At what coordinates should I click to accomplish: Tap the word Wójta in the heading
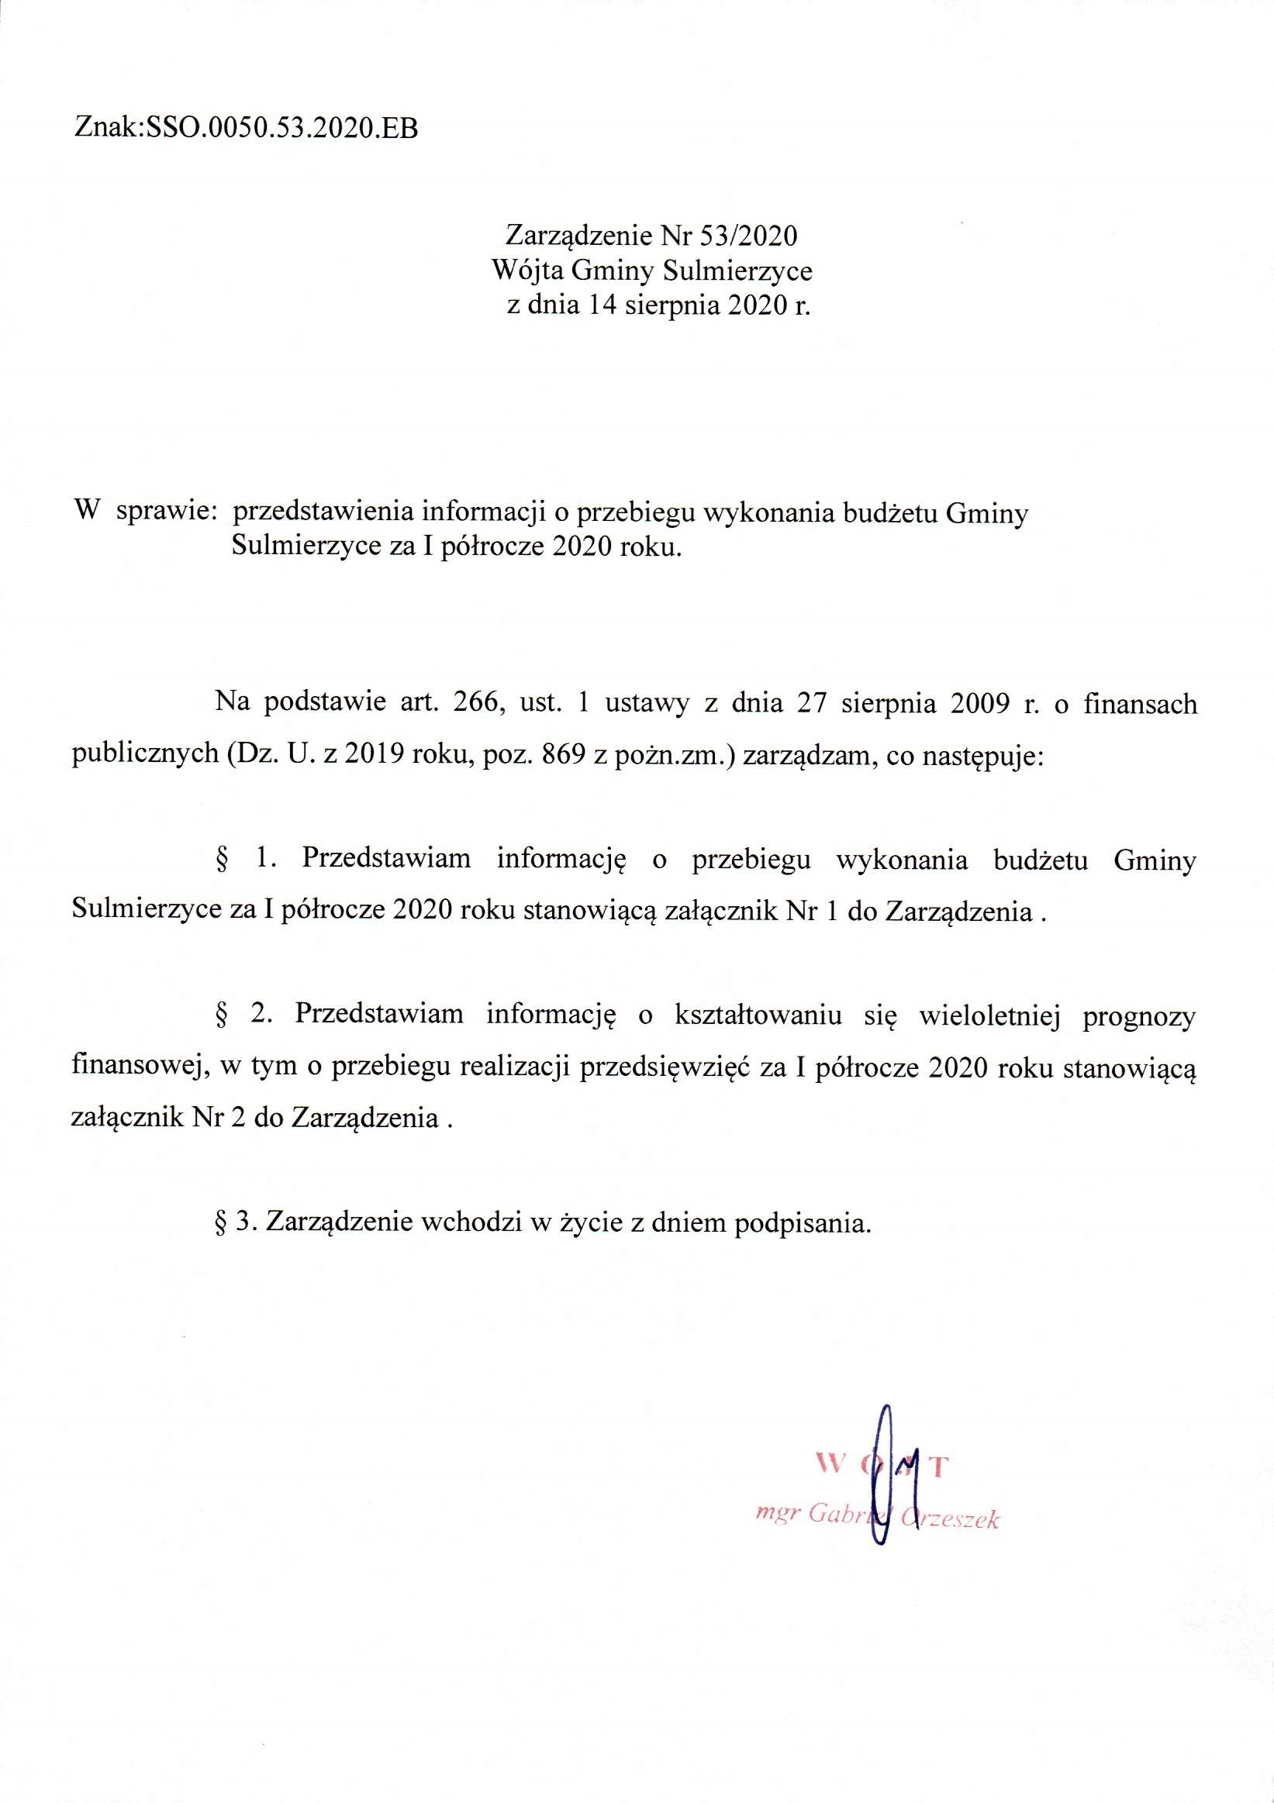527,271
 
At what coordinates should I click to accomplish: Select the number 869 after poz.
561,754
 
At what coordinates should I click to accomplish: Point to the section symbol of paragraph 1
222,860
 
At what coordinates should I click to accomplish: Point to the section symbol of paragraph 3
221,1223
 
